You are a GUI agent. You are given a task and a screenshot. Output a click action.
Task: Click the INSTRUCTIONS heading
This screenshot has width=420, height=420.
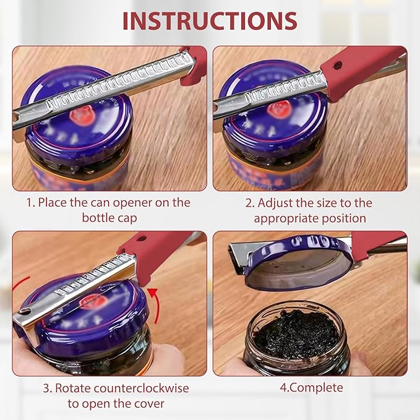[x=210, y=20]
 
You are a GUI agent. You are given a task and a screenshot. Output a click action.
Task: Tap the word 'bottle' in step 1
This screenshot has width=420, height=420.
[x=98, y=218]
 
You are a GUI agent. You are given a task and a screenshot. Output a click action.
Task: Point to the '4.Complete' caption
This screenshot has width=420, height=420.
[x=311, y=388]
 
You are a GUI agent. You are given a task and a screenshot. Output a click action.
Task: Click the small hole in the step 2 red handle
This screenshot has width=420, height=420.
[x=338, y=64]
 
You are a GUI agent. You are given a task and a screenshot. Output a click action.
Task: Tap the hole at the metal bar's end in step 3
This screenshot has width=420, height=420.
[x=25, y=310]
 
